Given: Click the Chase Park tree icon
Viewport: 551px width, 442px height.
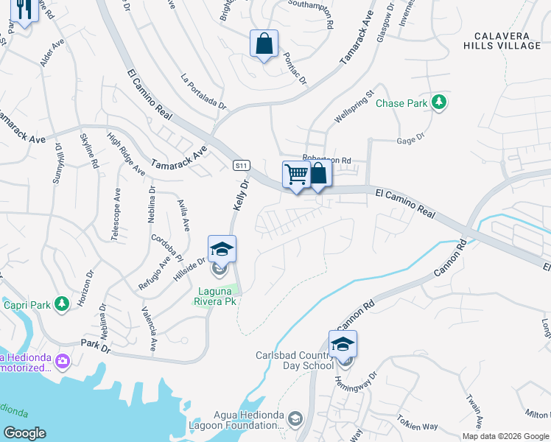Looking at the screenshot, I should tap(440, 102).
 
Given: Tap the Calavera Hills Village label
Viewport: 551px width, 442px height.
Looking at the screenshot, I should tap(507, 41).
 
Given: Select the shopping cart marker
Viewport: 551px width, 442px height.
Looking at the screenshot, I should tap(296, 175).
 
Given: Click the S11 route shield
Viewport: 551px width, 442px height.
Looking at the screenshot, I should tap(240, 165).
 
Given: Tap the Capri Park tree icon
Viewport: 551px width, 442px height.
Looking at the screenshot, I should tap(62, 302).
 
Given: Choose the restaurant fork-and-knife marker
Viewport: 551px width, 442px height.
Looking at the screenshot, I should tap(23, 11).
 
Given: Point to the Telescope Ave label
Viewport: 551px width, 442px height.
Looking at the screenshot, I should tap(116, 214).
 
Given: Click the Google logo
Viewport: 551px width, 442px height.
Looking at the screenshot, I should tap(24, 433).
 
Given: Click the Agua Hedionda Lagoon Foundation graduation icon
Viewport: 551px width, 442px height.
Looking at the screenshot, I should tap(295, 418).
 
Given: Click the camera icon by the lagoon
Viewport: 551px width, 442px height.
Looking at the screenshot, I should tap(62, 361).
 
